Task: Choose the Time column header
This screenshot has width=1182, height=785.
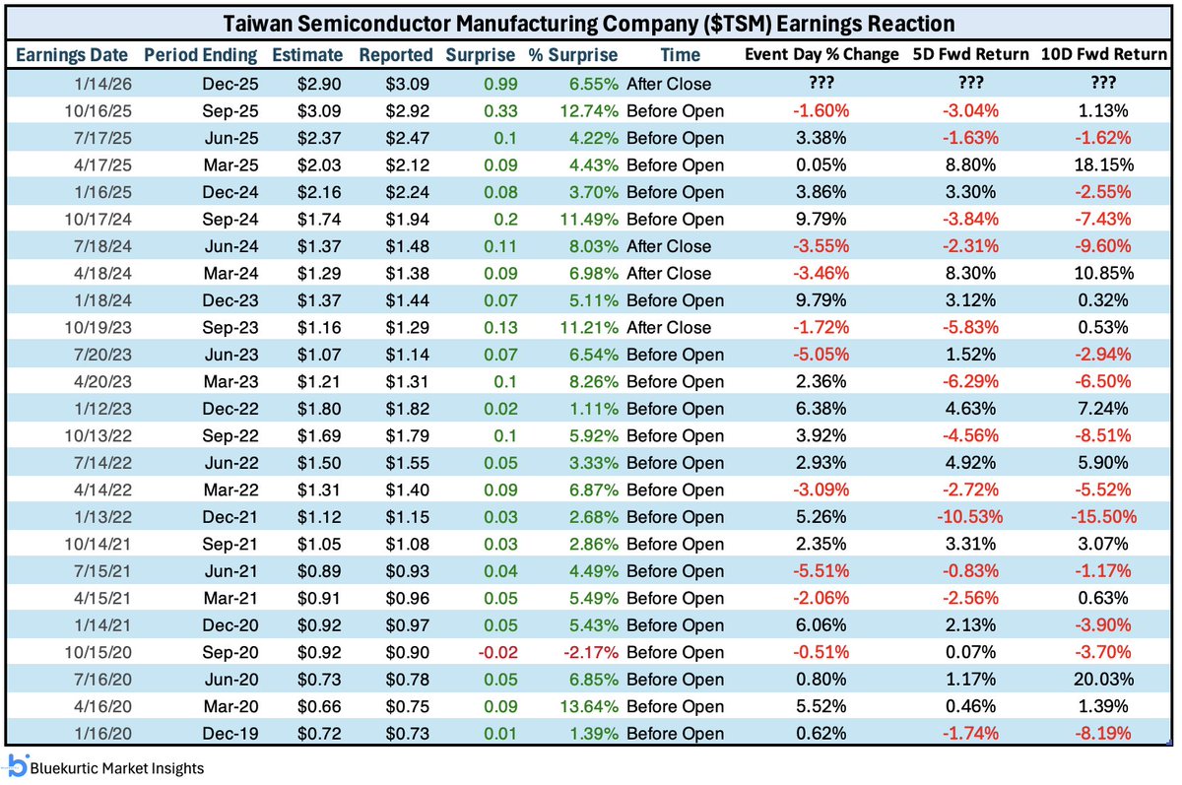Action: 680,55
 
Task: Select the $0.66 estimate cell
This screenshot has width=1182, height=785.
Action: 320,706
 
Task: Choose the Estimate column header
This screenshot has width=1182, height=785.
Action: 308,55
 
